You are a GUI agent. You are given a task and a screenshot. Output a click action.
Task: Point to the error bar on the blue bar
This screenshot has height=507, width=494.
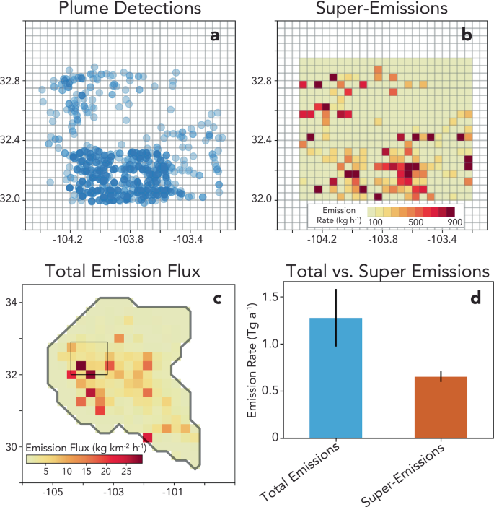pos(335,318)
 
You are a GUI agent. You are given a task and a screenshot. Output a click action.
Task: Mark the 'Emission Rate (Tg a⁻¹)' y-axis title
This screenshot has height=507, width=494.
pos(254,362)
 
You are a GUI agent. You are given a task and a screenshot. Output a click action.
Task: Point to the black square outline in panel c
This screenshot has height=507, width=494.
pos(89,358)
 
